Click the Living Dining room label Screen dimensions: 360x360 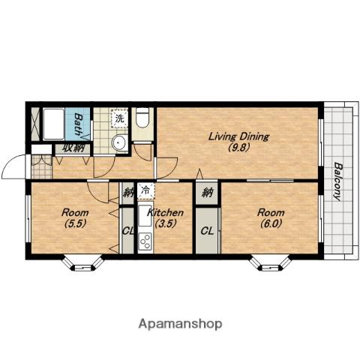(238, 136)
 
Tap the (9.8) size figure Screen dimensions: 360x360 (238, 148)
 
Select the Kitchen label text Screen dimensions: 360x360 (165, 213)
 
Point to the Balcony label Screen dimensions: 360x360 (337, 181)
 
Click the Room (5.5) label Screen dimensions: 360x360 (75, 218)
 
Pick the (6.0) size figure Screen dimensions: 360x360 (271, 223)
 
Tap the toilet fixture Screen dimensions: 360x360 (142, 118)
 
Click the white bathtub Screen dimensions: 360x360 (54, 124)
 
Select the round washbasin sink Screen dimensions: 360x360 (119, 142)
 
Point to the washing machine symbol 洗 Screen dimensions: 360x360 (119, 118)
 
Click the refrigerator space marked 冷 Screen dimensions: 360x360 (145, 190)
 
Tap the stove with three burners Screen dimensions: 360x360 (145, 241)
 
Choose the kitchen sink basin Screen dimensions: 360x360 (144, 215)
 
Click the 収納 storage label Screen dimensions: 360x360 (73, 148)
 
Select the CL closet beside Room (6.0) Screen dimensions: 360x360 (208, 231)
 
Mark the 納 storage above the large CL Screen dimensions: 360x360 (207, 193)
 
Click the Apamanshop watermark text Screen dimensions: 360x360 (180, 324)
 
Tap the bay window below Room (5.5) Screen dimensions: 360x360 (82, 263)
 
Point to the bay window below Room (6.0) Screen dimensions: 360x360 (270, 263)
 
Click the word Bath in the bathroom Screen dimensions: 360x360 (79, 124)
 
